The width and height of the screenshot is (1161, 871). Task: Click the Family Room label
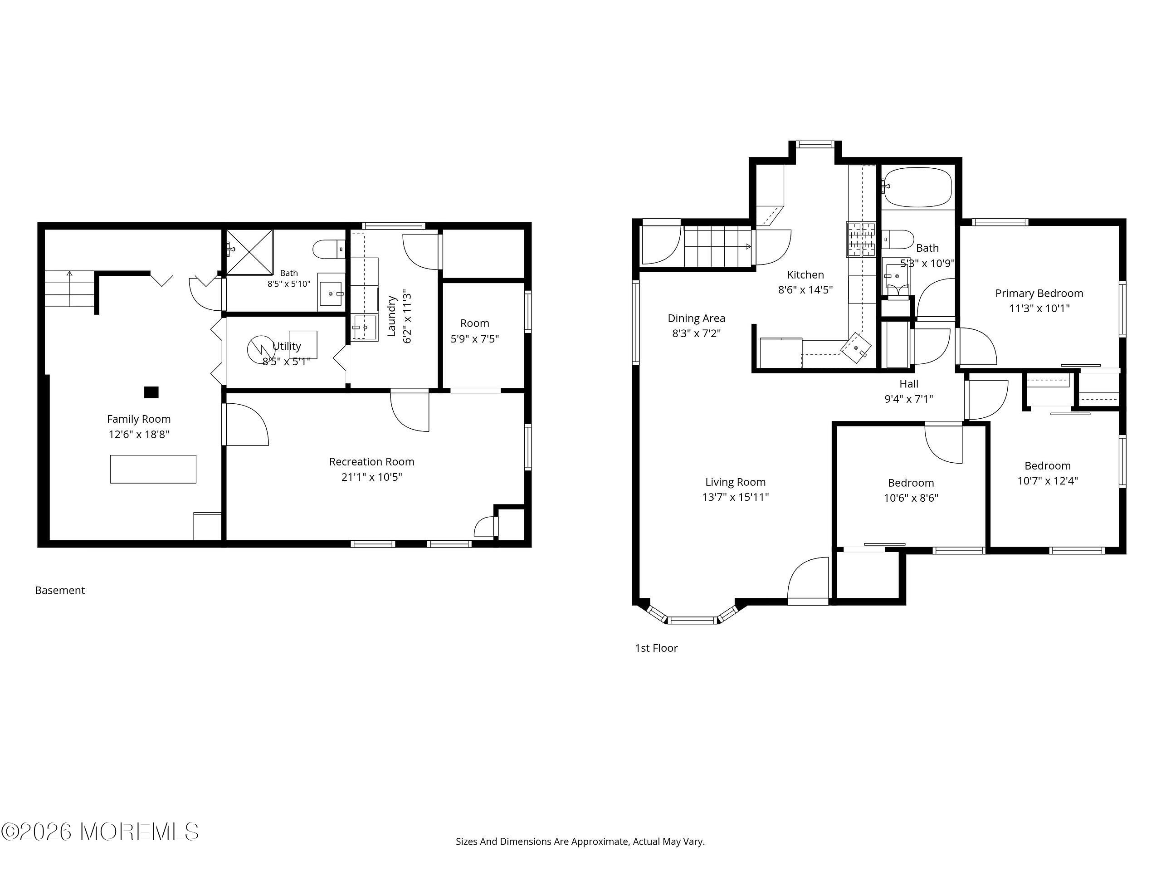coord(139,419)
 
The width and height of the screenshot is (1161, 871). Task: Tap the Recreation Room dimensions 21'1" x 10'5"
coord(371,477)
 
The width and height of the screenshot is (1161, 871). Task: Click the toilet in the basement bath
coord(328,249)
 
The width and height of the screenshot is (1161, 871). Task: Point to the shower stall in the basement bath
coord(249,252)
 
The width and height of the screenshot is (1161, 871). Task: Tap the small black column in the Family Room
coord(151,391)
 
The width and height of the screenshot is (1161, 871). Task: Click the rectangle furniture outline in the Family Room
coord(153,469)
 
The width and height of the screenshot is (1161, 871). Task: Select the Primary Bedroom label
coord(1039,294)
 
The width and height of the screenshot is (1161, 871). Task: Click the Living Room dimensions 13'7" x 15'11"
coord(735,497)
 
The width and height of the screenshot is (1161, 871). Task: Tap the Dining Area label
coord(697,318)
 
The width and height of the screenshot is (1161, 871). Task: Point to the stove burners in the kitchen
coord(861,239)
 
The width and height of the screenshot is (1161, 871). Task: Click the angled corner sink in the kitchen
coord(856,347)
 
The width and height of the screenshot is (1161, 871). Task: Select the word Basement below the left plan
coord(60,590)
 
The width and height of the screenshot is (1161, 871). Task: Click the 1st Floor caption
coord(656,648)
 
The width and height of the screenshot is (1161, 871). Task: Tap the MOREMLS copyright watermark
coord(100,832)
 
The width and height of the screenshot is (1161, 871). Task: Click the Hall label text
coord(909,384)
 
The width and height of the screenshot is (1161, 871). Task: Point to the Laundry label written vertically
coord(391,316)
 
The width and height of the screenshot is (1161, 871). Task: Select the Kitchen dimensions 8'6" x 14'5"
coord(805,289)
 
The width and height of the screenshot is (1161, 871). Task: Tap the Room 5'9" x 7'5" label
coord(474,331)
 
